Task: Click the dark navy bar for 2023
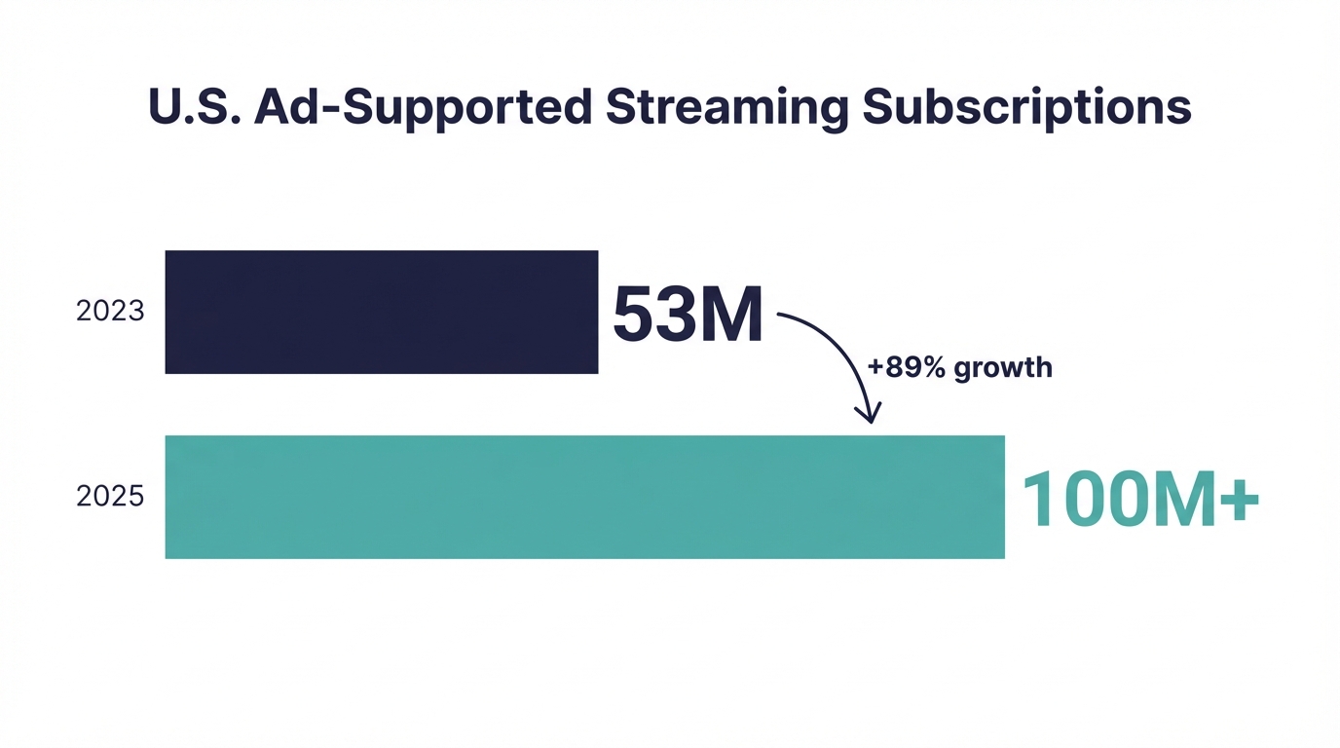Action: (381, 312)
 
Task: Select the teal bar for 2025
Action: (584, 497)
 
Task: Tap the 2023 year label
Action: (110, 312)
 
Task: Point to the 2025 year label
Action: (110, 497)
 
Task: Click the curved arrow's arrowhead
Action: (867, 413)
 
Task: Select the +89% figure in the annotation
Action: (906, 368)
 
